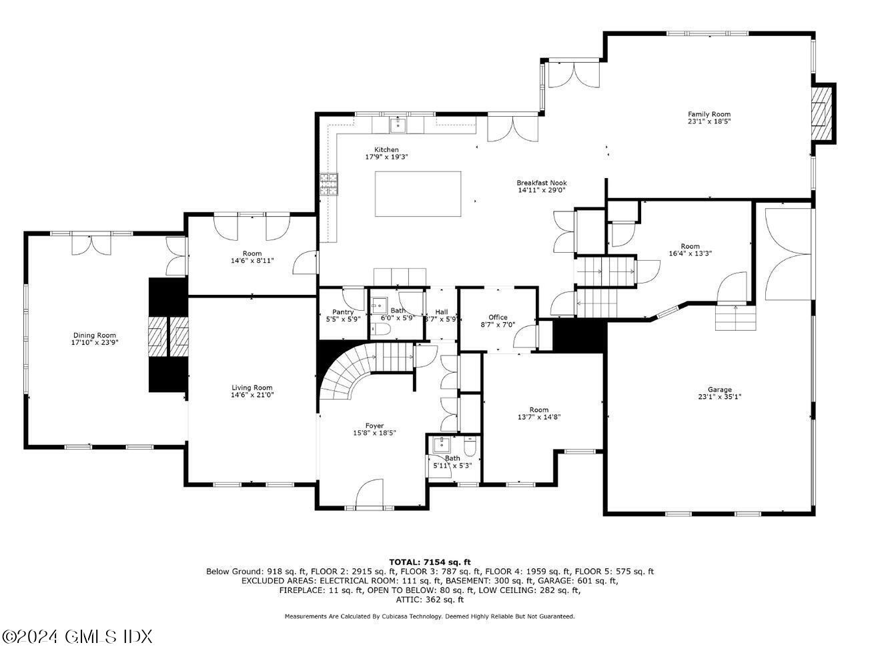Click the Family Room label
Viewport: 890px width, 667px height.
(709, 114)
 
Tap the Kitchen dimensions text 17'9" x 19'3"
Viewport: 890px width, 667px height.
(386, 157)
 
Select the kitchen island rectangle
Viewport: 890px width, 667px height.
(418, 193)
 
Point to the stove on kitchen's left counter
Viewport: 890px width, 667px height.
(329, 183)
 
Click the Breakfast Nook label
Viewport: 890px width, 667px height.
(541, 183)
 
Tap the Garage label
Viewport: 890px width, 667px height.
(719, 390)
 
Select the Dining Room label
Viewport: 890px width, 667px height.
(94, 336)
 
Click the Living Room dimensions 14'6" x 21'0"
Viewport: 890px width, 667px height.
(252, 395)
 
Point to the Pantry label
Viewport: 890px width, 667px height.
(343, 311)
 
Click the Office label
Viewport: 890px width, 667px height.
(498, 317)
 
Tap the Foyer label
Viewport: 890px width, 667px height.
(374, 426)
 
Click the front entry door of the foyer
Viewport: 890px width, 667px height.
(369, 495)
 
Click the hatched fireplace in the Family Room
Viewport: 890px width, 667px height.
(823, 113)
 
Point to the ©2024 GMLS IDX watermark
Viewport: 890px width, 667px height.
(77, 636)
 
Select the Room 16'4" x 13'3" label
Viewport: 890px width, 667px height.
(690, 246)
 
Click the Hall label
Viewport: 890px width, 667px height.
(442, 311)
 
